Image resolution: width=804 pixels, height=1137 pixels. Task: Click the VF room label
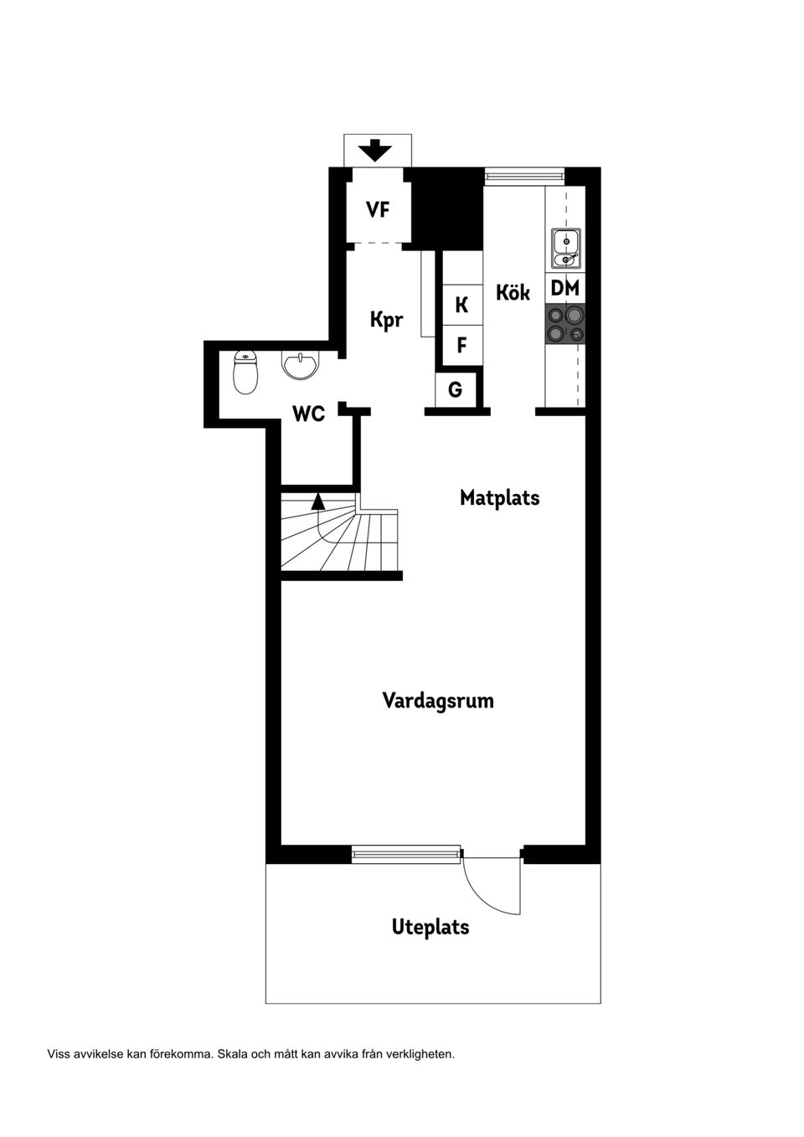[x=378, y=209]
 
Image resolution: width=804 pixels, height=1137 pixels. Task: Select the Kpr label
[x=387, y=319]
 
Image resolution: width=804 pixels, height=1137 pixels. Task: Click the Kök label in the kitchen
[x=513, y=292]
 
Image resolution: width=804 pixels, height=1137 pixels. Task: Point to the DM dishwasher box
[x=565, y=288]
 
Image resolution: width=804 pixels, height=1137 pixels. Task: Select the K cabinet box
[x=462, y=305]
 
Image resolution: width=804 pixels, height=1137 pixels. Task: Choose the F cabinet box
[x=462, y=344]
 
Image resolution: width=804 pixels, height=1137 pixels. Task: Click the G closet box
[x=456, y=389]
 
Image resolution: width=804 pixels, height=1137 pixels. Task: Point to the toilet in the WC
[x=245, y=373]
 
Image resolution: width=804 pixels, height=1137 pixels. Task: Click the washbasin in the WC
[x=300, y=365]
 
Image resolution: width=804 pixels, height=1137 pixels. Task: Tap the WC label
[x=308, y=413]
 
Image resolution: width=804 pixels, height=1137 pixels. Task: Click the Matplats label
[x=499, y=497]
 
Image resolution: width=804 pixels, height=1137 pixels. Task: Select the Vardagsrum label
[x=438, y=700]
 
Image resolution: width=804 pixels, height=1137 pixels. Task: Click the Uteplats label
[x=430, y=927]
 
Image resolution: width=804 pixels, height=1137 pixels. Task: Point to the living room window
[x=406, y=854]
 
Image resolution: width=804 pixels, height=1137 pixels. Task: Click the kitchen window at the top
[x=524, y=176]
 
